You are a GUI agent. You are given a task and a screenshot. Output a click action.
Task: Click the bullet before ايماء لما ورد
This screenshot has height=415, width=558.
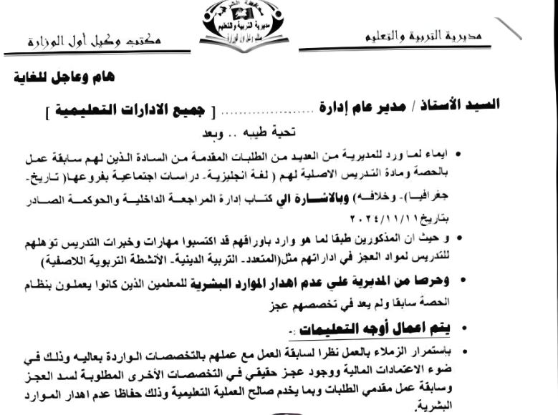[x=458, y=155]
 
